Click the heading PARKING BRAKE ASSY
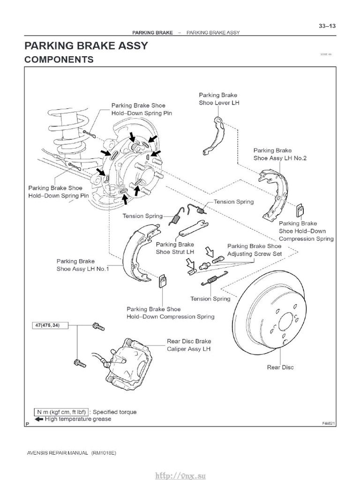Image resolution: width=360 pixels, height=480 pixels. [x=86, y=45]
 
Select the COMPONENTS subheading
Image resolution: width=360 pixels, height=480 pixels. [x=59, y=60]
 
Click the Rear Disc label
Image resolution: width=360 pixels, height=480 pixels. [x=280, y=367]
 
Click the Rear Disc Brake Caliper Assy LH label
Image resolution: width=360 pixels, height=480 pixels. [x=189, y=345]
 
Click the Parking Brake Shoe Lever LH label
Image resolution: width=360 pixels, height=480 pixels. [x=218, y=99]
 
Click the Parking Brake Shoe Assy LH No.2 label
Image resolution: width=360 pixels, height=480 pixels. [x=280, y=154]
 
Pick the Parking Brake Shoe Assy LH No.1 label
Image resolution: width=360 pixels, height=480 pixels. [x=82, y=265]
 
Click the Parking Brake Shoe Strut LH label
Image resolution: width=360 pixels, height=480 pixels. [x=174, y=248]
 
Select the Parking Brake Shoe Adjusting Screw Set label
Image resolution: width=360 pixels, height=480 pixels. [x=254, y=249]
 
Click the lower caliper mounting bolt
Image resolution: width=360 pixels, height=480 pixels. [x=80, y=362]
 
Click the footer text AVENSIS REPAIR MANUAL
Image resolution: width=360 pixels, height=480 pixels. [x=56, y=454]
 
